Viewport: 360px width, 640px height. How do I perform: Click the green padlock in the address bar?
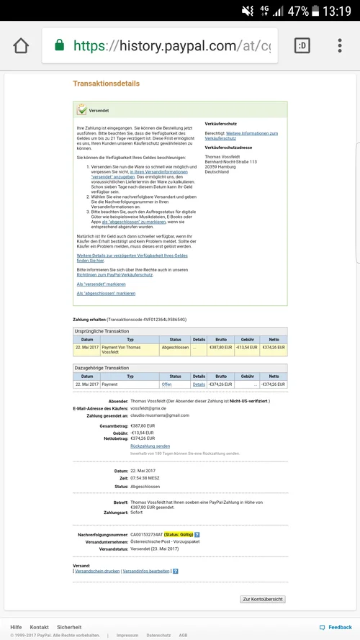point(58,46)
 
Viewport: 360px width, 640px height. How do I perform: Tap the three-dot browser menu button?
point(340,46)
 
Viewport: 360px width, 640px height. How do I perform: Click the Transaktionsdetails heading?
point(107,84)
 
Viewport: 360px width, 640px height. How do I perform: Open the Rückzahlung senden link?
point(150,446)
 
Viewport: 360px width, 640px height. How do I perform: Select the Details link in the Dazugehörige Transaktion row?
point(199,384)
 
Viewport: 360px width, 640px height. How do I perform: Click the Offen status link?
point(166,384)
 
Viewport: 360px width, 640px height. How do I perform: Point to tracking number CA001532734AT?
point(146,535)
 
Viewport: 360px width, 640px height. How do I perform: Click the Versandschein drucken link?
point(97,571)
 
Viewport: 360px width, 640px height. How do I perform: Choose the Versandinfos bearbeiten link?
point(146,571)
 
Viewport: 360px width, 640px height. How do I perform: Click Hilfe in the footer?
point(16,627)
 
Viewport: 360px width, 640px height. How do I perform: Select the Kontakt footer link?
point(40,627)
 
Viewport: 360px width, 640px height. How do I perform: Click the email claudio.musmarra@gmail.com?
point(159,415)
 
